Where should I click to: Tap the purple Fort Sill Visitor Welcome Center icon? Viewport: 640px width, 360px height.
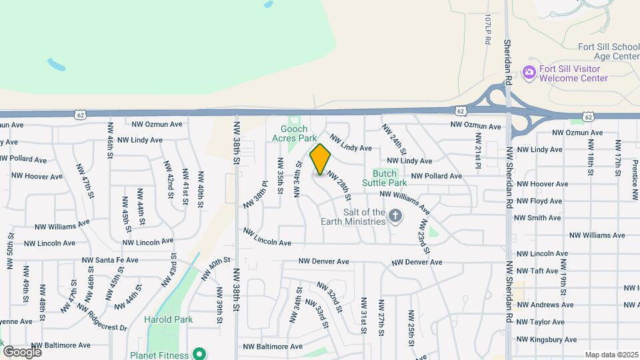point(529,73)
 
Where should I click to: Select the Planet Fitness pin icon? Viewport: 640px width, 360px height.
point(199,353)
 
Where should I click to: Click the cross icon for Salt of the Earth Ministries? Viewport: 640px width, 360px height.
point(395,216)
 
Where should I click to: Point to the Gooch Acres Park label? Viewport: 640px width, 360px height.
point(294,133)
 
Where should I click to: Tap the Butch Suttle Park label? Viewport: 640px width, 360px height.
point(385,178)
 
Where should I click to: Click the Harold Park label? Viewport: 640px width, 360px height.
point(168,319)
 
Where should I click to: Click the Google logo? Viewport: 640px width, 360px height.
point(22,351)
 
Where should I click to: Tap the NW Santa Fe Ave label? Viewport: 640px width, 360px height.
point(110,260)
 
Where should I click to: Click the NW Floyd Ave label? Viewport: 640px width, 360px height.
point(539,201)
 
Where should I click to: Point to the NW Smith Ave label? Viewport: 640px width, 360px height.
point(539,218)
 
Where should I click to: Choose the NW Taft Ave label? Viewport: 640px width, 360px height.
point(537,271)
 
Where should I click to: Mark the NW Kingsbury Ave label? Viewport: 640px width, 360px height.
point(547,340)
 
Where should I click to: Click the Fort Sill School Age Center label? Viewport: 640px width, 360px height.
point(599,52)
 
